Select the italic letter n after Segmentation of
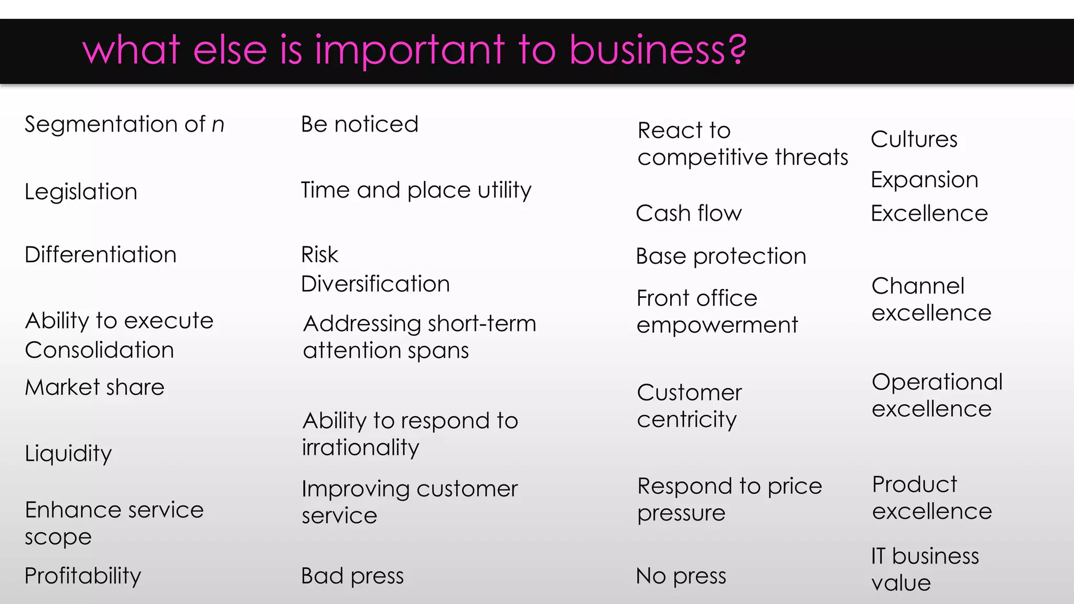218,125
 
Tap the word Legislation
81,192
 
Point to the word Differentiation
101,255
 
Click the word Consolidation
99,350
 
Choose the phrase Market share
94,387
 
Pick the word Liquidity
68,454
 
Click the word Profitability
83,576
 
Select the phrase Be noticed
360,125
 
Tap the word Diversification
375,284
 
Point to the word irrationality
360,448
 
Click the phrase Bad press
352,576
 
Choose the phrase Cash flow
689,213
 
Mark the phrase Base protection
721,256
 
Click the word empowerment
717,325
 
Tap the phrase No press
681,576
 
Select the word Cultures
914,139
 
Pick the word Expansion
925,180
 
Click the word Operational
937,382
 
